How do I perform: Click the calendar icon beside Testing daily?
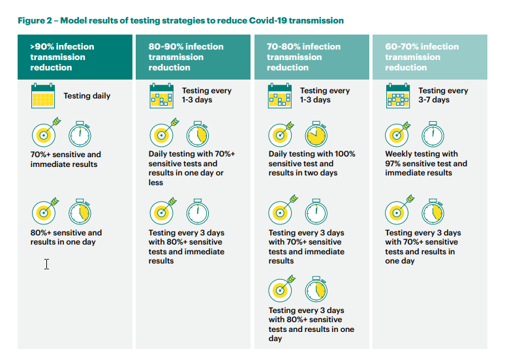[43, 96]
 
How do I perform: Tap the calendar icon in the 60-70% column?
[398, 96]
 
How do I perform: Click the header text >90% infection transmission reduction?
[62, 57]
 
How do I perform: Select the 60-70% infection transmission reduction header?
[422, 57]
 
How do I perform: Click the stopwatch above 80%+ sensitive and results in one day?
[80, 211]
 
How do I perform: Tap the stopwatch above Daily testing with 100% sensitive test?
[316, 134]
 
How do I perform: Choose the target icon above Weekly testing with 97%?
[398, 134]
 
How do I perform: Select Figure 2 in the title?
[35, 21]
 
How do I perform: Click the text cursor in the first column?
[47, 264]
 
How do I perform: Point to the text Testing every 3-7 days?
[443, 95]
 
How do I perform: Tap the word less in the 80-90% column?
[155, 183]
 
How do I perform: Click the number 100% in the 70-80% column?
[344, 154]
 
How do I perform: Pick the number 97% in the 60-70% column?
[393, 164]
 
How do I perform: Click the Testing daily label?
[87, 96]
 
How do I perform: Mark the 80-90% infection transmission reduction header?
[186, 57]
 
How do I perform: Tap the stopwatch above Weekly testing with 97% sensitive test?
[433, 134]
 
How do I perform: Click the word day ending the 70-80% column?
[275, 338]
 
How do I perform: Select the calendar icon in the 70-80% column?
[279, 96]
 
